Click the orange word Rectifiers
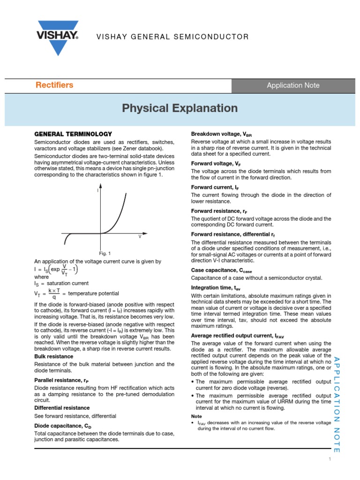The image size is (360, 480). pyautogui.click(x=54, y=85)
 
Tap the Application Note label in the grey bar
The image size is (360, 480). pyautogui.click(x=293, y=85)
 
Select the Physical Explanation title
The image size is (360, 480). pyautogui.click(x=180, y=108)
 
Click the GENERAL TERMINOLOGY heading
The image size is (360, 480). pyautogui.click(x=73, y=134)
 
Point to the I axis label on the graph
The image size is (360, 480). pyautogui.click(x=97, y=190)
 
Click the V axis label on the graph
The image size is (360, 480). pyautogui.click(x=139, y=237)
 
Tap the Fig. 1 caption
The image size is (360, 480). pyautogui.click(x=105, y=253)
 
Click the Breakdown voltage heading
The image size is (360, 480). pyautogui.click(x=221, y=134)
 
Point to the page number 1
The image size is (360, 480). pyautogui.click(x=330, y=459)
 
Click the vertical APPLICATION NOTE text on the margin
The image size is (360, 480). pyautogui.click(x=337, y=404)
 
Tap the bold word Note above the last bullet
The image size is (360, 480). pyautogui.click(x=196, y=416)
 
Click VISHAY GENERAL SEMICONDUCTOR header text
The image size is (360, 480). pyautogui.click(x=166, y=37)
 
